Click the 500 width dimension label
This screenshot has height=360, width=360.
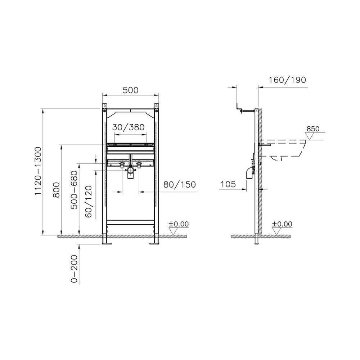pos(130,90)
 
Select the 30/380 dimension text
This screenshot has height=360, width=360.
pos(129,127)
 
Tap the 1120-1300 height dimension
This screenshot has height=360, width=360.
pos(38,171)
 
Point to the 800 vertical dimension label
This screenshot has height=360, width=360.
pos(56,190)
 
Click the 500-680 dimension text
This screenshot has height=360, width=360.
pos(74,190)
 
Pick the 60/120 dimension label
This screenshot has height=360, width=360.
pos(89,201)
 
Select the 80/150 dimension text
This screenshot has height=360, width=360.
pos(180,184)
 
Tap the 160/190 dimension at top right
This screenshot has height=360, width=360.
pos(287,80)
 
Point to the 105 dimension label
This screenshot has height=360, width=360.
pos(228,184)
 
